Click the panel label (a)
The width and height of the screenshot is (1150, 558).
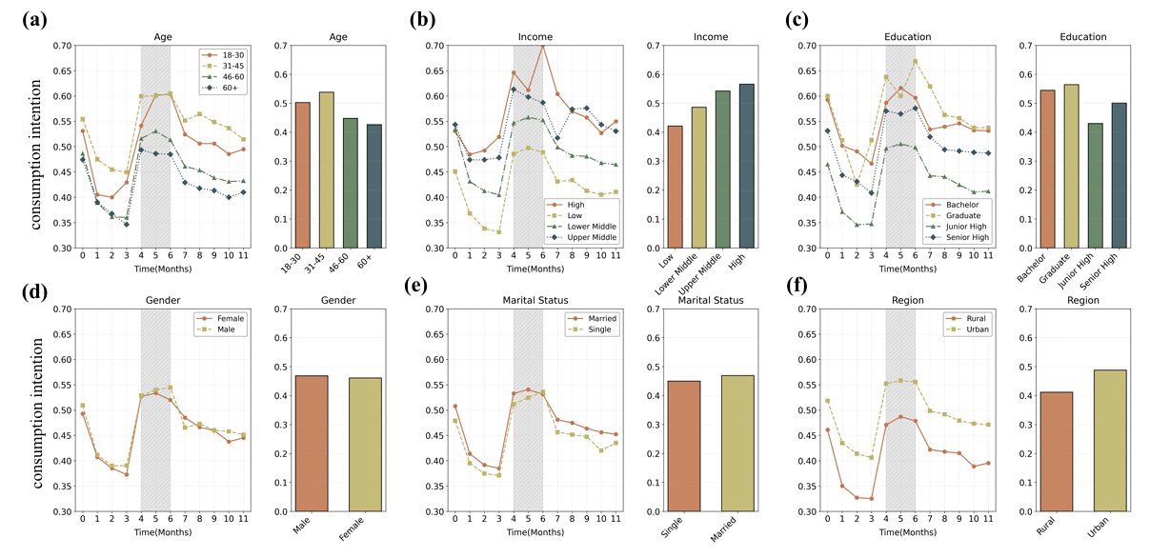pyautogui.click(x=34, y=19)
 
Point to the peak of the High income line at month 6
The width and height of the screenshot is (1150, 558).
pyautogui.click(x=543, y=45)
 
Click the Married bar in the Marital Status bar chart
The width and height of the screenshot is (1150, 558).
pyautogui.click(x=728, y=444)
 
